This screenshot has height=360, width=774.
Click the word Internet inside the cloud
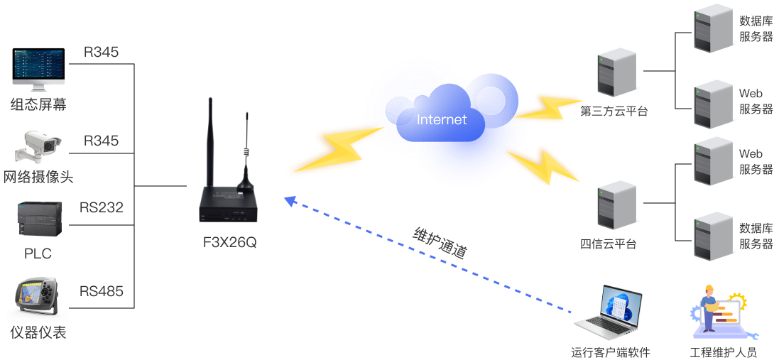pyautogui.click(x=442, y=119)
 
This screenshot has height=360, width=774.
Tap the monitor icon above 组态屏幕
pyautogui.click(x=38, y=70)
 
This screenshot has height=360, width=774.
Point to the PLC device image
pyautogui.click(x=39, y=219)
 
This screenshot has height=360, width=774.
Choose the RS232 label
pyautogui.click(x=101, y=207)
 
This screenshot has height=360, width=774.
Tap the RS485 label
pyautogui.click(x=101, y=291)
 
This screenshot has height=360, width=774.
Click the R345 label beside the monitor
pyautogui.click(x=101, y=52)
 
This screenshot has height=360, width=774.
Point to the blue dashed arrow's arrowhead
pyautogui.click(x=289, y=201)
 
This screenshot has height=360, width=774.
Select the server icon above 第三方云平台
pyautogui.click(x=615, y=72)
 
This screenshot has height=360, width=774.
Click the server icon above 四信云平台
pyautogui.click(x=616, y=205)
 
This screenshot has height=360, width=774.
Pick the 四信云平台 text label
pyautogui.click(x=609, y=244)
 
